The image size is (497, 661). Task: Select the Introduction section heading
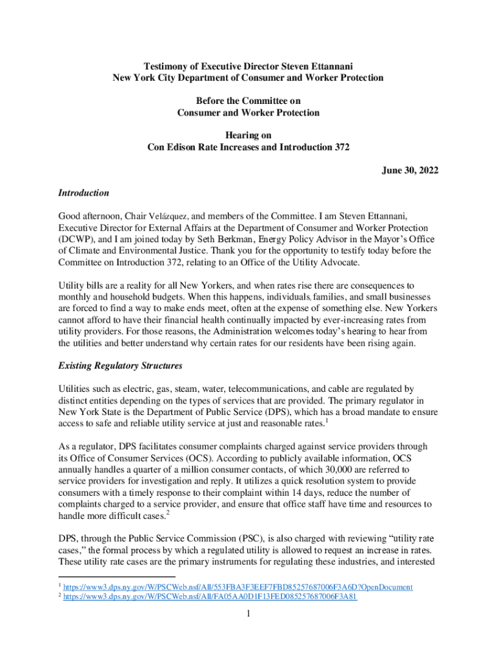click(x=83, y=193)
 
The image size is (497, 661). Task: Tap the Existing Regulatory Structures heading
click(x=120, y=366)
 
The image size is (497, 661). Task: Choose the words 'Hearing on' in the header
click(x=248, y=135)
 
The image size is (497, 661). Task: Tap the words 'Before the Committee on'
click(x=248, y=101)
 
